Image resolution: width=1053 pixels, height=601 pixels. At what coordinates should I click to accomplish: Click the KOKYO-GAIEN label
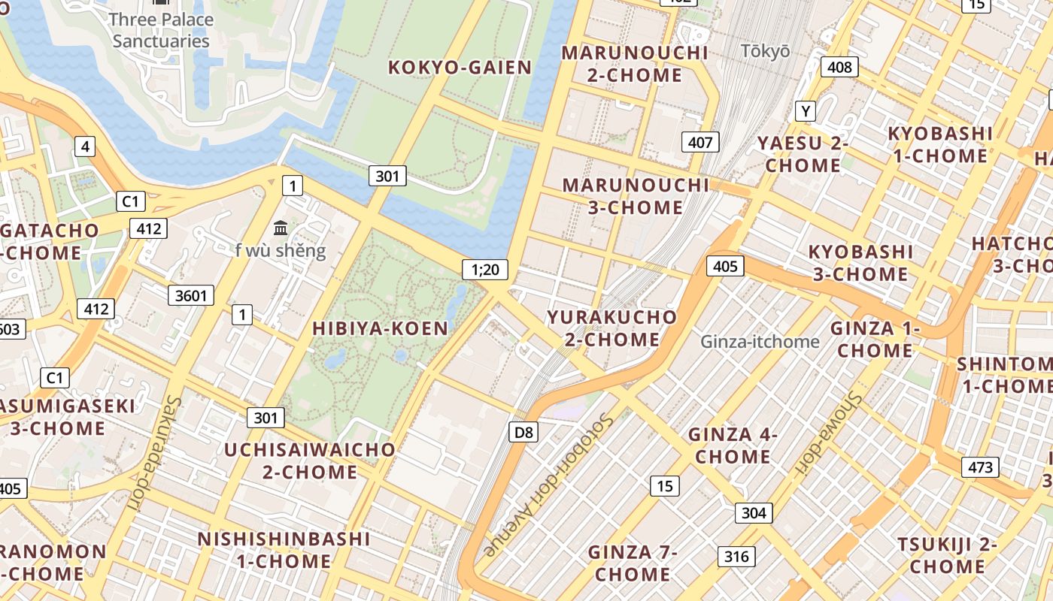tap(460, 68)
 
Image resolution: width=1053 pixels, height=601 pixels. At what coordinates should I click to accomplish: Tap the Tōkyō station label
tap(766, 51)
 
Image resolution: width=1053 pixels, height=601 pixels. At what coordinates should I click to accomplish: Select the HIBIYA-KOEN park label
tap(380, 328)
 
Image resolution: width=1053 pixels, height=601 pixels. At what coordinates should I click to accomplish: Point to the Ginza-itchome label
tap(760, 342)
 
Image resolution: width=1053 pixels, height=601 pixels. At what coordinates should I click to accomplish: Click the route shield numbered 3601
tap(190, 295)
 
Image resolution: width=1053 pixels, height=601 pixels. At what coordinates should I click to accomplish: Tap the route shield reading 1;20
tap(485, 269)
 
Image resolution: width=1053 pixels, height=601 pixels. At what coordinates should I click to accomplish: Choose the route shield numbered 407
tap(700, 141)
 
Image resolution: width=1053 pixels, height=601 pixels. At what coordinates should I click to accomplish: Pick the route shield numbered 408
tap(839, 67)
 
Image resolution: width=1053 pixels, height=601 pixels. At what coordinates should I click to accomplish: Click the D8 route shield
tap(523, 431)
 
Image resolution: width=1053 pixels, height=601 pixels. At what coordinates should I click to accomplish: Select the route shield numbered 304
tap(754, 512)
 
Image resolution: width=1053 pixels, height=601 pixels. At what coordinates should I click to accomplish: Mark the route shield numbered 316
tap(737, 556)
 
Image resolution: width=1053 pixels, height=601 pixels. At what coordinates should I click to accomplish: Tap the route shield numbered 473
tap(980, 467)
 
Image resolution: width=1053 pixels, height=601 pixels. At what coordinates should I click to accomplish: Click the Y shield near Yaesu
tap(806, 111)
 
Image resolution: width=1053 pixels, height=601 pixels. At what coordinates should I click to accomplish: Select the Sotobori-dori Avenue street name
tap(548, 485)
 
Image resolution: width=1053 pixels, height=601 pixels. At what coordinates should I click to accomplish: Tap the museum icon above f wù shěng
tap(281, 227)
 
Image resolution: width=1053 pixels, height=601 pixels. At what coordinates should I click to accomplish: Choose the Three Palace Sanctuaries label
tap(161, 30)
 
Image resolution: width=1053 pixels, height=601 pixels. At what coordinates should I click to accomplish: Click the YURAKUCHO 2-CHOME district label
tap(611, 328)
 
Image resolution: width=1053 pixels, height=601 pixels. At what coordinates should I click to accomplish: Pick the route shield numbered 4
tap(85, 146)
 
